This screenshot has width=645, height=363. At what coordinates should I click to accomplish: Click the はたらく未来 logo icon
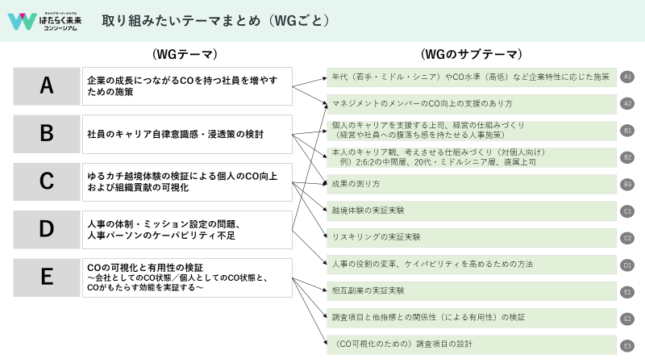tap(22, 21)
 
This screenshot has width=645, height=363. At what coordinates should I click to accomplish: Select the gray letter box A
tap(47, 86)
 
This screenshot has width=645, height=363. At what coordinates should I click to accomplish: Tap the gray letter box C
tap(47, 181)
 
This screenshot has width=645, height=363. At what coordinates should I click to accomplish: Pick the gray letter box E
tap(47, 277)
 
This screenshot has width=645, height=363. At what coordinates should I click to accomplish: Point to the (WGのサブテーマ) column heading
tap(471, 55)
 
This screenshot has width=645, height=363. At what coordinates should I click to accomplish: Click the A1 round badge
tap(627, 77)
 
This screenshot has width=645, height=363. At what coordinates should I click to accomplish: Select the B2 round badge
tap(627, 157)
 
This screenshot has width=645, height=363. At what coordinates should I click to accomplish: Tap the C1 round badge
tap(627, 211)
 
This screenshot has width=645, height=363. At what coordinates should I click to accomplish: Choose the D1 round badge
tap(627, 264)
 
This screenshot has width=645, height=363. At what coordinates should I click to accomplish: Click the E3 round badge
tap(627, 345)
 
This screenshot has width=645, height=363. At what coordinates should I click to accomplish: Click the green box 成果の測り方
tap(472, 184)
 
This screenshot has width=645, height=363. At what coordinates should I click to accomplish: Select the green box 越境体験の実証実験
tap(472, 211)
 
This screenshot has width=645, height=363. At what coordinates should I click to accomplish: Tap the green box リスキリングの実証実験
tap(472, 237)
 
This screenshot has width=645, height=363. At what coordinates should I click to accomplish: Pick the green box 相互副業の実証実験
tap(472, 290)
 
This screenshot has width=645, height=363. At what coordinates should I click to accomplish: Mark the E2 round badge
tap(627, 319)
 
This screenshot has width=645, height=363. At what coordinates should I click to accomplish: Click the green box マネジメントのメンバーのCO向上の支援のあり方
tap(472, 103)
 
